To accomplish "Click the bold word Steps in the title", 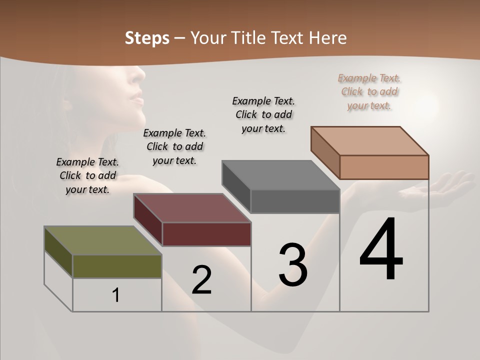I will pyautogui.click(x=147, y=38).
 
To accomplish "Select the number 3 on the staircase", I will pyautogui.click(x=293, y=264).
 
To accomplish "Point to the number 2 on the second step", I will pyautogui.click(x=201, y=280).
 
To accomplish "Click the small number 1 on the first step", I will pyautogui.click(x=116, y=295).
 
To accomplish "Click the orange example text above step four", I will pyautogui.click(x=369, y=91).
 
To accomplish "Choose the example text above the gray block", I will pyautogui.click(x=263, y=114).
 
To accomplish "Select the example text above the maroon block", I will pyautogui.click(x=174, y=146).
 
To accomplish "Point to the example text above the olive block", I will pyautogui.click(x=87, y=175).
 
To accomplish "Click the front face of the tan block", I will pyautogui.click(x=384, y=167).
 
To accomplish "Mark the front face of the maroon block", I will pyautogui.click(x=206, y=234).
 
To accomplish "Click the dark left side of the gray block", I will pyautogui.click(x=236, y=186).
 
